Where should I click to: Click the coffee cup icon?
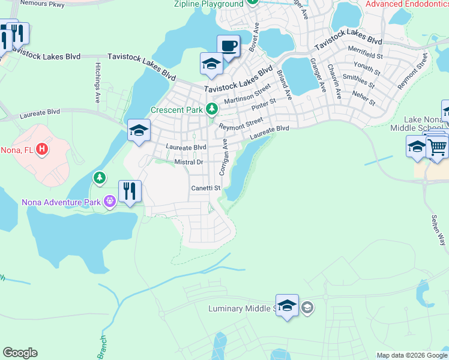(228, 46)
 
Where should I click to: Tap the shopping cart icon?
(438, 146)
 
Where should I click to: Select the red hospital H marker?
(41, 148)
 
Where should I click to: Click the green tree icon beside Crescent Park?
(211, 109)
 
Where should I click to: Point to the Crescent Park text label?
(176, 110)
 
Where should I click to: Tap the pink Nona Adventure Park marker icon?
(109, 202)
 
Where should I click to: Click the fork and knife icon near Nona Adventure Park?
(130, 191)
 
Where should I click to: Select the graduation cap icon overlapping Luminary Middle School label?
(288, 306)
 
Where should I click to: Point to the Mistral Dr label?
(189, 162)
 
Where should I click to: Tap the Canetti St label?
(206, 188)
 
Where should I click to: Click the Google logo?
(20, 353)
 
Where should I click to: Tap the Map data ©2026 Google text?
(411, 355)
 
